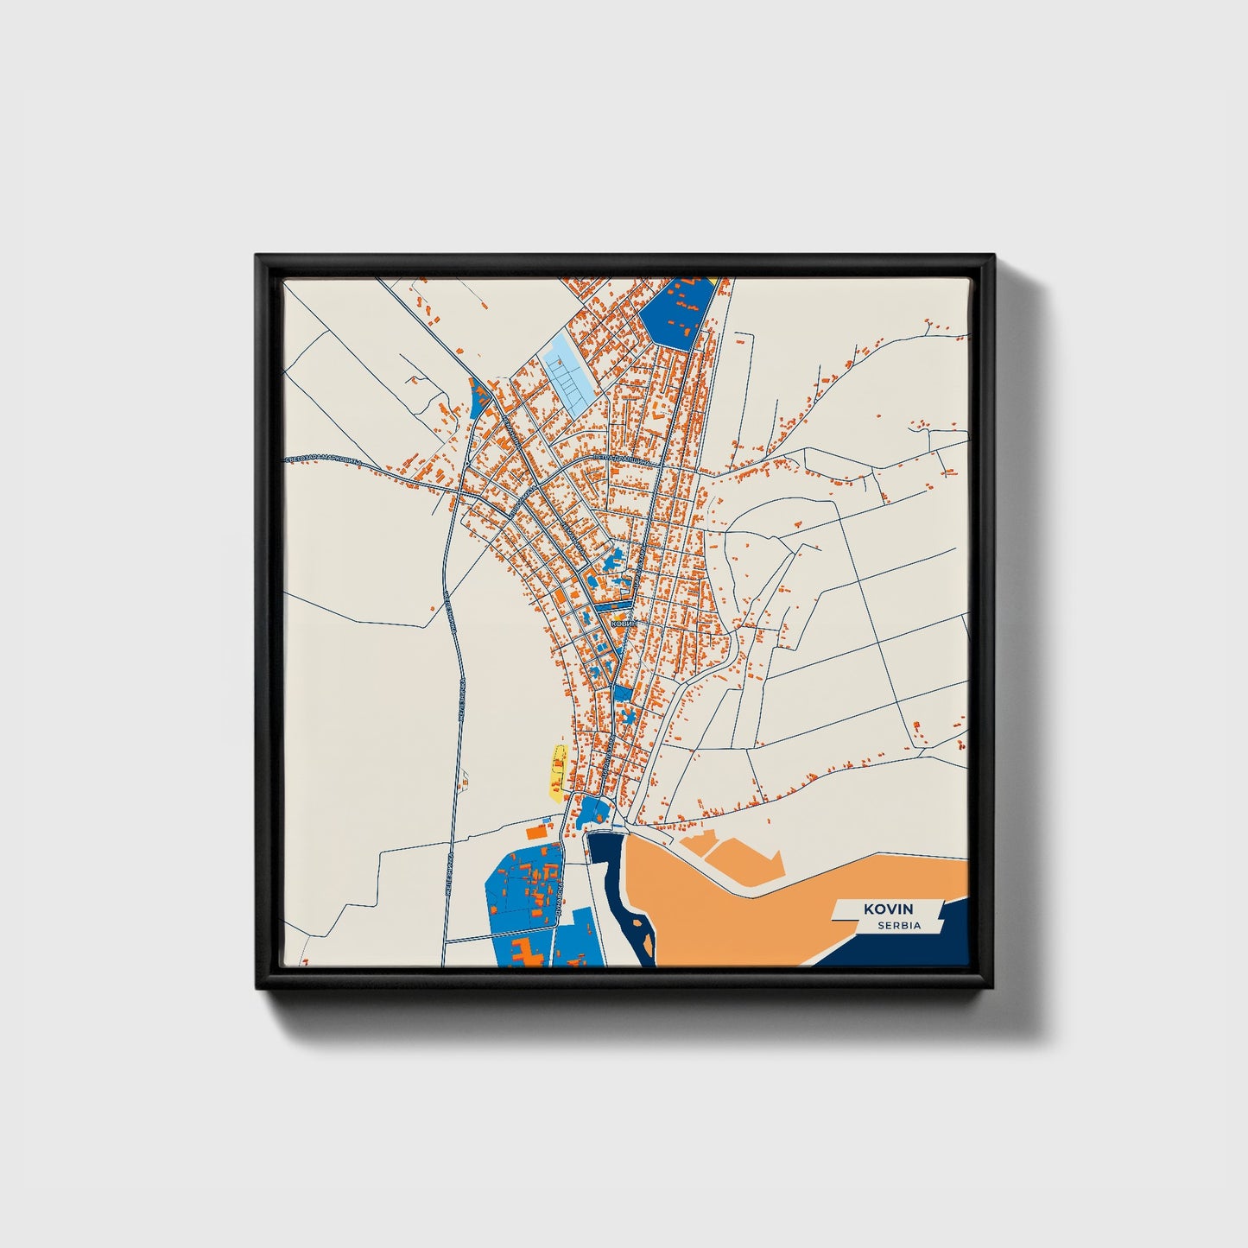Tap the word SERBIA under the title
[898, 926]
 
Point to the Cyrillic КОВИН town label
[623, 622]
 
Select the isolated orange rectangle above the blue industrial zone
[537, 832]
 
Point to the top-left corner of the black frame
[257, 257]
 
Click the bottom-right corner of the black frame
[993, 986]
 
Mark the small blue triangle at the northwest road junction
[478, 398]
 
